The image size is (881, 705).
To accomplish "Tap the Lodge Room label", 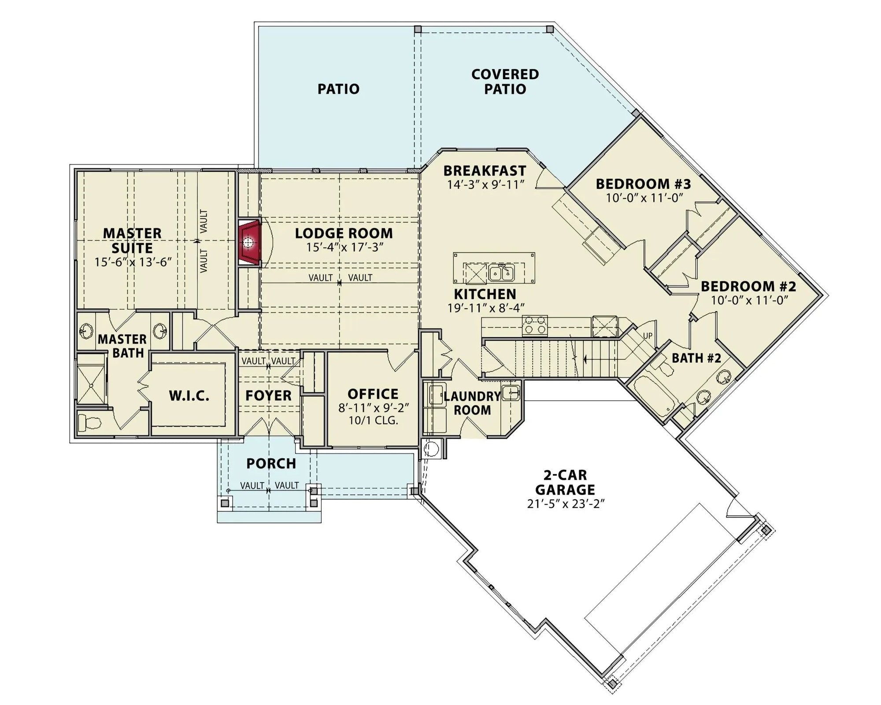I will click(x=344, y=233).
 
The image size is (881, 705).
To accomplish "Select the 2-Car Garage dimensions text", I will click(x=565, y=504).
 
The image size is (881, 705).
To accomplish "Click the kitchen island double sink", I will click(x=501, y=273).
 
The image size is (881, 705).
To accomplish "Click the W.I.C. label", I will click(x=189, y=396).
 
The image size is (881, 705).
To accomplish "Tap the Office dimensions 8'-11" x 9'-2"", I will click(x=373, y=408).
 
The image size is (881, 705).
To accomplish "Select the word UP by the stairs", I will click(x=648, y=336).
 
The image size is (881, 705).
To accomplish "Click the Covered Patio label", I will click(x=505, y=81).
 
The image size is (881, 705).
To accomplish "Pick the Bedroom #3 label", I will click(x=643, y=184).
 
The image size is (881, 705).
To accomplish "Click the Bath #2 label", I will click(x=696, y=358).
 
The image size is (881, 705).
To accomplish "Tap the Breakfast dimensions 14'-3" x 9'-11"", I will click(x=485, y=185).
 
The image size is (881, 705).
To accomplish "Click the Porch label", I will click(x=271, y=463).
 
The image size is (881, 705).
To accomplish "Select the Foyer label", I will click(x=268, y=395).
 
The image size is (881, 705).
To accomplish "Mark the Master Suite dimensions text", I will click(x=133, y=262).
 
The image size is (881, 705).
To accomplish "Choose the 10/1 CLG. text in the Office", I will click(x=373, y=420).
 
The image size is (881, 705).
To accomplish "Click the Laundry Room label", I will click(x=472, y=403).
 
